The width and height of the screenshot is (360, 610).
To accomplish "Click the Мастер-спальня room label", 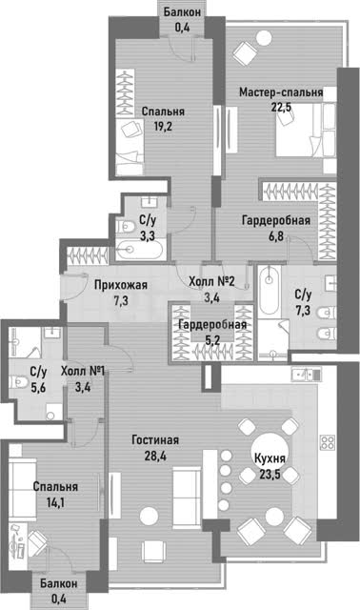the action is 281,92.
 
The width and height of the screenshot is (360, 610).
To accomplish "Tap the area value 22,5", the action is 281,107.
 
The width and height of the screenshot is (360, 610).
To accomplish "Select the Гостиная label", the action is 155,440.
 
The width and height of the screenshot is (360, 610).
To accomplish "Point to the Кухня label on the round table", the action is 270,458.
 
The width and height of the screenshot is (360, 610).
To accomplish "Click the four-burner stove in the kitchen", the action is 328,442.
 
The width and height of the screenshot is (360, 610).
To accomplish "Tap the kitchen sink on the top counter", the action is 306,375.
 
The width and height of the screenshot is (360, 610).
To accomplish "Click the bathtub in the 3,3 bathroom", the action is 139,250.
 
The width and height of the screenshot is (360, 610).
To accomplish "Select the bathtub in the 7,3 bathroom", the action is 269,290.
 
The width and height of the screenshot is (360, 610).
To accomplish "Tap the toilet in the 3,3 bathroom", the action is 125,226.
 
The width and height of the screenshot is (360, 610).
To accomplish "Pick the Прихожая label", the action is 121,285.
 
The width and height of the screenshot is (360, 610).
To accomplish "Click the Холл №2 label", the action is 211,281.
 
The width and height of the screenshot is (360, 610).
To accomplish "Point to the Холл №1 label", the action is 83,371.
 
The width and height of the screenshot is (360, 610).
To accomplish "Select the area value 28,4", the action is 155,456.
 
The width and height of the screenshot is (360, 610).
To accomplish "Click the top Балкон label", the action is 182,11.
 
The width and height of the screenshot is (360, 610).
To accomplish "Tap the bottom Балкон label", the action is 59,583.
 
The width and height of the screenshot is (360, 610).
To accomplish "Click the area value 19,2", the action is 163,127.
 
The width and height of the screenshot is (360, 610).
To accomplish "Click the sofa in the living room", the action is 187,493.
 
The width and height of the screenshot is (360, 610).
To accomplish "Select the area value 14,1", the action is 55,502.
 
